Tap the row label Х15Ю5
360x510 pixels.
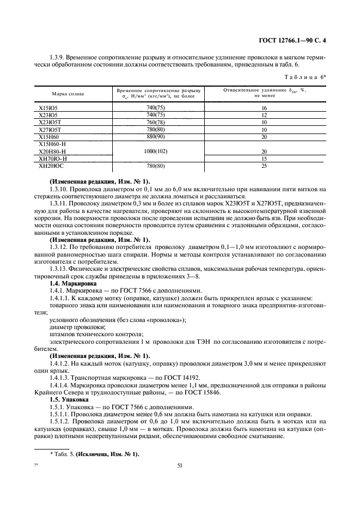point(48,108)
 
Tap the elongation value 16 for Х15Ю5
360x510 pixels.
point(264,108)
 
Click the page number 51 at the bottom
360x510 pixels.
point(180,466)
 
